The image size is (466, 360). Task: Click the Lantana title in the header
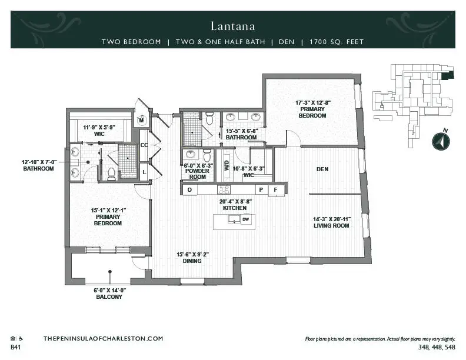pyautogui.click(x=232, y=26)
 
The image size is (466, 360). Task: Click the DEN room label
pyautogui.click(x=322, y=169)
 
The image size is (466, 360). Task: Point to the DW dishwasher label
pyautogui.click(x=245, y=219)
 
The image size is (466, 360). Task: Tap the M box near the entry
pyautogui.click(x=142, y=121)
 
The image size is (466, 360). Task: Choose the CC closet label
pyautogui.click(x=144, y=145)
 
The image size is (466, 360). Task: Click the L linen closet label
pyautogui.click(x=144, y=171)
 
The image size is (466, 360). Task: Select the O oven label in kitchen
pyautogui.click(x=189, y=190)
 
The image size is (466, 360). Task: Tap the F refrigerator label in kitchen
pyautogui.click(x=275, y=190)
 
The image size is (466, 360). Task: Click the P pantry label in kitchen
pyautogui.click(x=260, y=190)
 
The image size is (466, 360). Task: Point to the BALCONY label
pyautogui.click(x=109, y=297)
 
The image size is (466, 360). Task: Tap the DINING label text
pyautogui.click(x=191, y=261)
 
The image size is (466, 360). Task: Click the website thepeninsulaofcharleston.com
pyautogui.click(x=103, y=339)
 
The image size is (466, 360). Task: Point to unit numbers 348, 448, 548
pyautogui.click(x=437, y=348)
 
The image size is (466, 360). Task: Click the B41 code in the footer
pyautogui.click(x=16, y=348)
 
